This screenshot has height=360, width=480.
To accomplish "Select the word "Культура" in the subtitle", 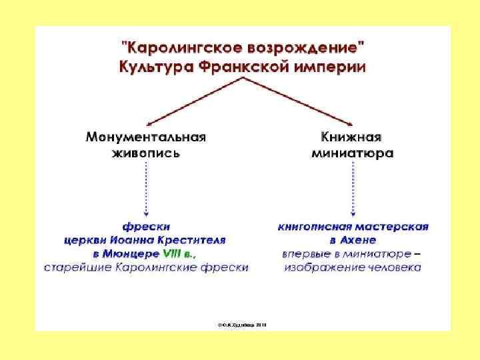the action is point(155,66).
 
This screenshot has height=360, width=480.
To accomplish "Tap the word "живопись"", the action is point(145,153).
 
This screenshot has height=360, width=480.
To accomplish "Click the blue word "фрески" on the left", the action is point(146,227).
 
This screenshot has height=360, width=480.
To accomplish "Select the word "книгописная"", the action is point(320,227).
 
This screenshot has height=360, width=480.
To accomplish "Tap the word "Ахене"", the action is point(361,241).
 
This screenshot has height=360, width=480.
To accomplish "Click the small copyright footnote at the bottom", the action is point(242,323).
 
